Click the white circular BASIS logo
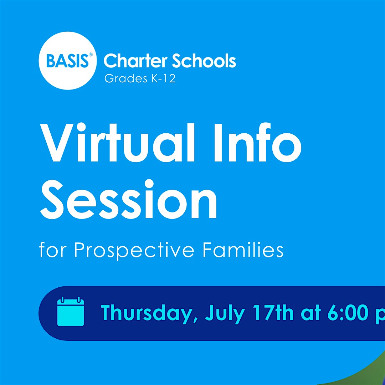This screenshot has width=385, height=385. (67, 61)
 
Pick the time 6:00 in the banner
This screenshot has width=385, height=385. (348, 313)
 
